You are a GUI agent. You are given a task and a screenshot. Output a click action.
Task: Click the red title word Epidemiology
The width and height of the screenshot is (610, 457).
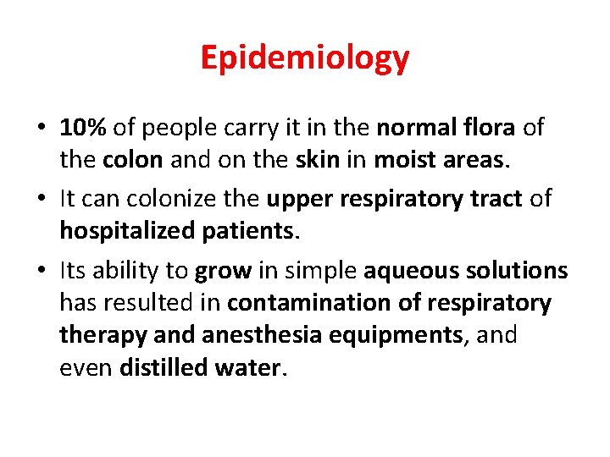click(x=305, y=58)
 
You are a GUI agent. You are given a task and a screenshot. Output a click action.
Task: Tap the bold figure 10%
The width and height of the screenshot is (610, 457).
click(x=84, y=128)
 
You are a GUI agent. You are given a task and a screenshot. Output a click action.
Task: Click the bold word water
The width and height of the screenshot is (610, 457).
click(x=251, y=367)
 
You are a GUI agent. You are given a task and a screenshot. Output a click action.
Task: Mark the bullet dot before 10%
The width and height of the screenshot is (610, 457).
click(x=42, y=129)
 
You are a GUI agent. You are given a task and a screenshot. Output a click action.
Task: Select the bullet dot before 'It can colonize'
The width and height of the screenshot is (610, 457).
click(x=42, y=200)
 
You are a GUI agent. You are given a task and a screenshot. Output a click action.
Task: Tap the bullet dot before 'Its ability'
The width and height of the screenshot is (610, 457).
click(x=42, y=272)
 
